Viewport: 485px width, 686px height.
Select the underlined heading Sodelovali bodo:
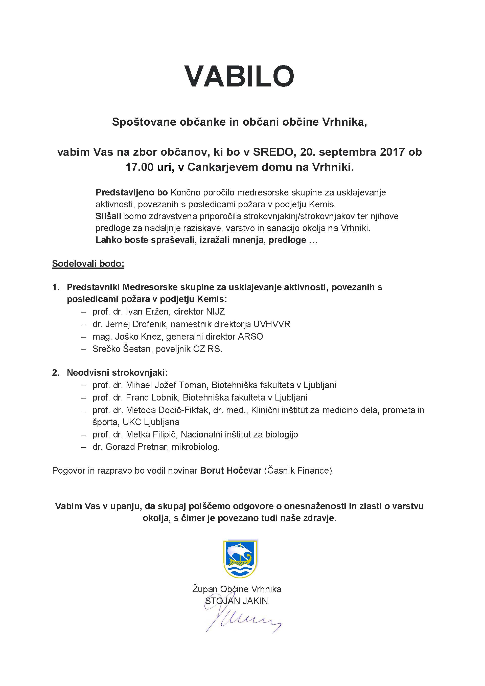(88, 264)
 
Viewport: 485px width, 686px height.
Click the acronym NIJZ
(215, 312)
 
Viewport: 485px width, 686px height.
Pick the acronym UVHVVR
(272, 324)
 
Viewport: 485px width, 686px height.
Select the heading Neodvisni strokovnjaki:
(117, 373)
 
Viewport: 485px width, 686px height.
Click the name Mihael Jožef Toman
(166, 385)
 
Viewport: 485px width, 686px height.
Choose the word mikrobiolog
(196, 447)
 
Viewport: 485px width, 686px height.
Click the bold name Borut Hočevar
(230, 471)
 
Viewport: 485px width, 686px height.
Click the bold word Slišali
(108, 216)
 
